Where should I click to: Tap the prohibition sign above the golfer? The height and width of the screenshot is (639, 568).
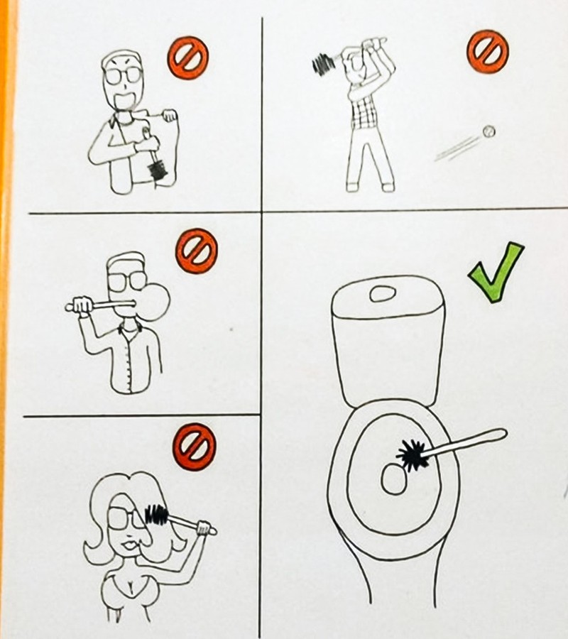[487, 51]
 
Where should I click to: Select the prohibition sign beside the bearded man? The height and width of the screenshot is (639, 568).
[188, 58]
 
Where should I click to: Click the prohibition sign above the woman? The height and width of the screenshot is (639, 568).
[194, 447]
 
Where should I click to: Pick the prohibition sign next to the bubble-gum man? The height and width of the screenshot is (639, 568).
[197, 251]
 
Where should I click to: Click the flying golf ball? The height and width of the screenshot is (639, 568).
[488, 131]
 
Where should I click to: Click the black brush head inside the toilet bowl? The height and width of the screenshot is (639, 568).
[411, 455]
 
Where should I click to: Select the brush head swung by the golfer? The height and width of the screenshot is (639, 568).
[324, 65]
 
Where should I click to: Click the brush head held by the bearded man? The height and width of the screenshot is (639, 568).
[158, 169]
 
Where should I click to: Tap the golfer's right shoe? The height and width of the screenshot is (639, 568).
[388, 187]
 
